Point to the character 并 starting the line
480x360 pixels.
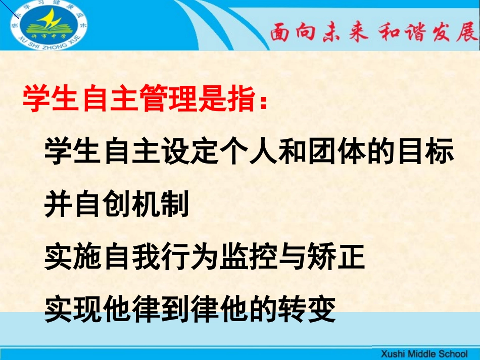[59, 204]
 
